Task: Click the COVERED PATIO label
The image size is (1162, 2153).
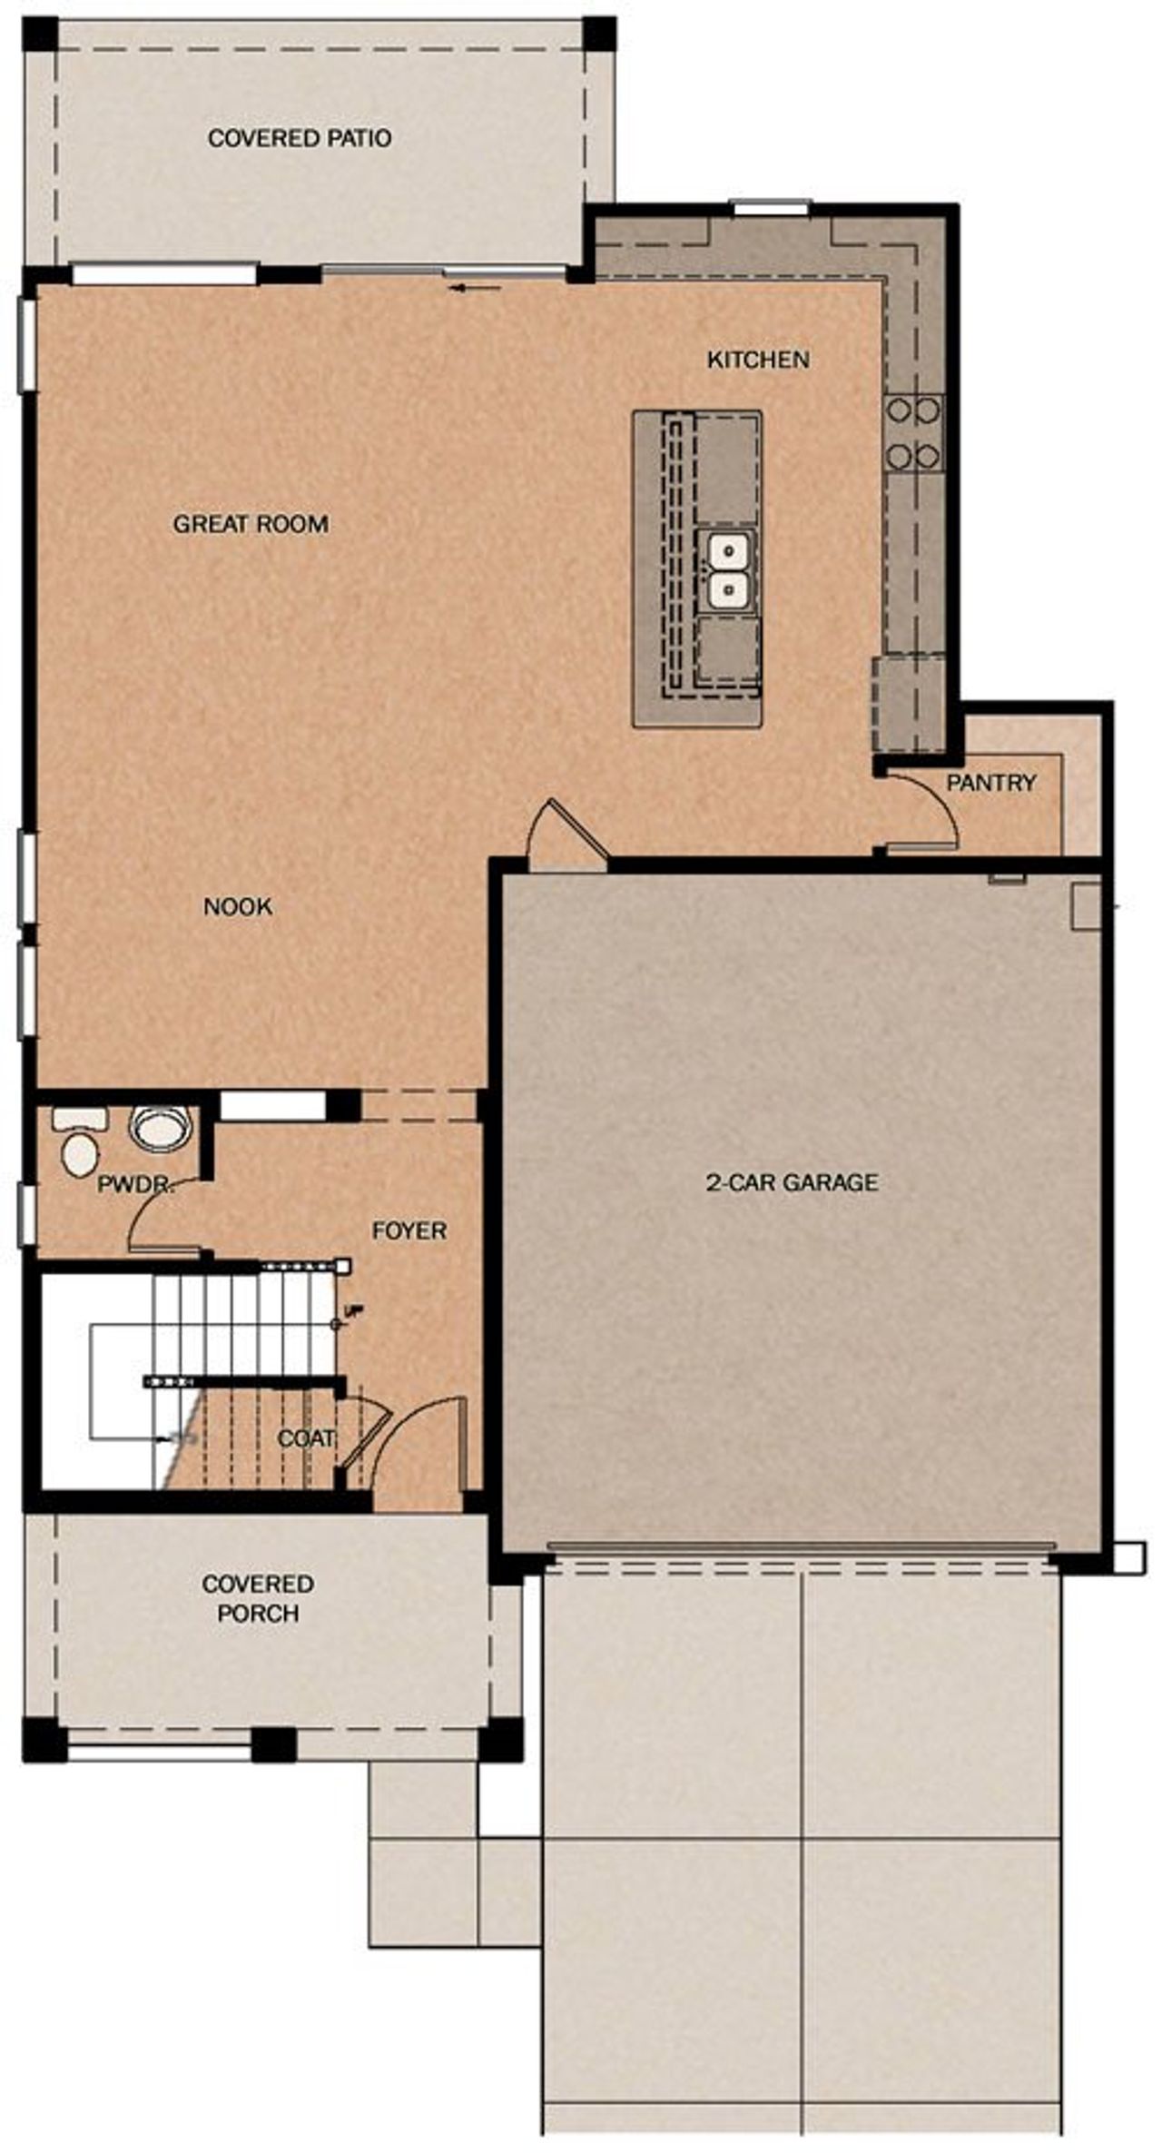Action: [x=300, y=138]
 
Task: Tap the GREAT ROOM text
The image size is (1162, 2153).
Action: [x=251, y=524]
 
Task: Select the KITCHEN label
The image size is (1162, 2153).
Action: [x=758, y=360]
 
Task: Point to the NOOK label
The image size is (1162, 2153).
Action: [x=238, y=906]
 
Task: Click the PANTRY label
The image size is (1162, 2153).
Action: [x=991, y=782]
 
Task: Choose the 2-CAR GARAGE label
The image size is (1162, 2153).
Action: [x=793, y=1182]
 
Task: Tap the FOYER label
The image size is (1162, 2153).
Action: [x=409, y=1230]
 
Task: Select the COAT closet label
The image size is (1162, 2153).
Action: [x=306, y=1438]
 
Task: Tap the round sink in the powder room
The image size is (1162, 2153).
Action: [x=162, y=1129]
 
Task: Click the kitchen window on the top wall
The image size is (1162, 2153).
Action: [x=771, y=208]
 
